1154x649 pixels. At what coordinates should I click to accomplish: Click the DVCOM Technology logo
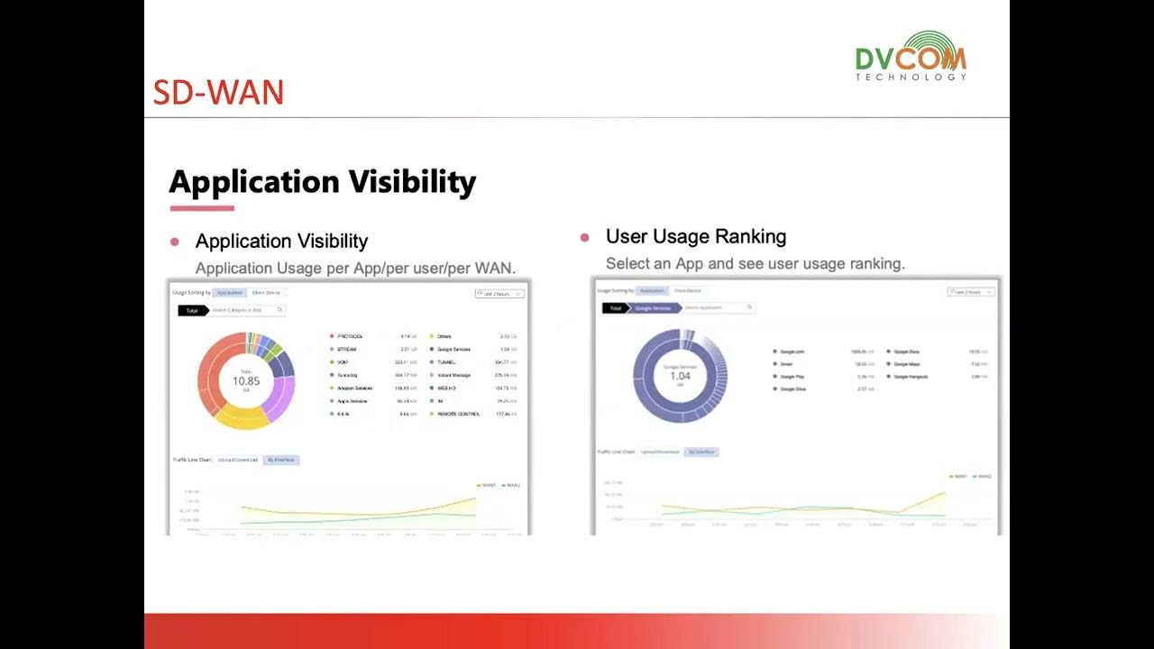pyautogui.click(x=911, y=56)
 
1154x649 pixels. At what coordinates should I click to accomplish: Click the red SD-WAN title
pyautogui.click(x=218, y=93)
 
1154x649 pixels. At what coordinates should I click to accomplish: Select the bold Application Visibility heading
pyautogui.click(x=322, y=182)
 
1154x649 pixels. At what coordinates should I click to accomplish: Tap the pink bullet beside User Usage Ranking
pyautogui.click(x=584, y=237)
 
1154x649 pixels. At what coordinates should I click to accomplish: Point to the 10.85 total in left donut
pyautogui.click(x=245, y=381)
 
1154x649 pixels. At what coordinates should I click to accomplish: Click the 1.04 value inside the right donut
pyautogui.click(x=680, y=376)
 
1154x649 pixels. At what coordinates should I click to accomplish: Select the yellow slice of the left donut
pyautogui.click(x=240, y=416)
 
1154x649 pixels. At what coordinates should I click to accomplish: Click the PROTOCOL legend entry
pyautogui.click(x=349, y=336)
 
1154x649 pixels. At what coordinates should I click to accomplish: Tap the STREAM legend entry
pyautogui.click(x=347, y=349)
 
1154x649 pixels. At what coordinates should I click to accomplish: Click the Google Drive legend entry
pyautogui.click(x=792, y=388)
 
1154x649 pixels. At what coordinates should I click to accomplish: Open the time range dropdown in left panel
pyautogui.click(x=499, y=293)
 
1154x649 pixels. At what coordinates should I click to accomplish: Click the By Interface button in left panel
pyautogui.click(x=281, y=460)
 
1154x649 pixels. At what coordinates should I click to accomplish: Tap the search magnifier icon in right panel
pyautogui.click(x=749, y=307)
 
